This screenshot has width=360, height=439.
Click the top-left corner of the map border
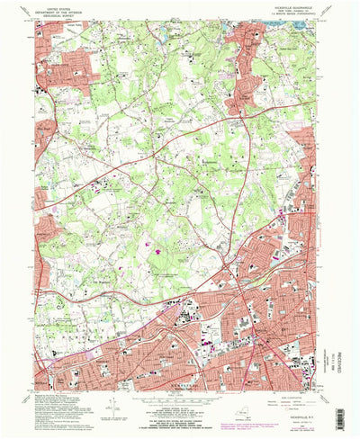[42, 22]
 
